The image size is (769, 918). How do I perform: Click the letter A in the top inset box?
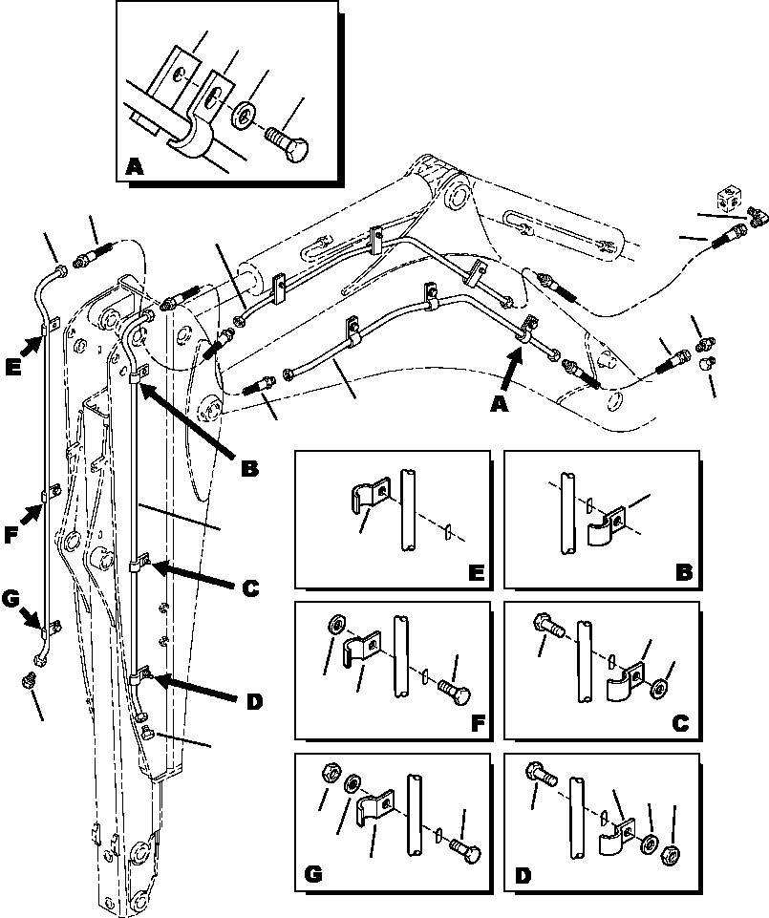136,169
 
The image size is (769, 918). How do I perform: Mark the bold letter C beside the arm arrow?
250,589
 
